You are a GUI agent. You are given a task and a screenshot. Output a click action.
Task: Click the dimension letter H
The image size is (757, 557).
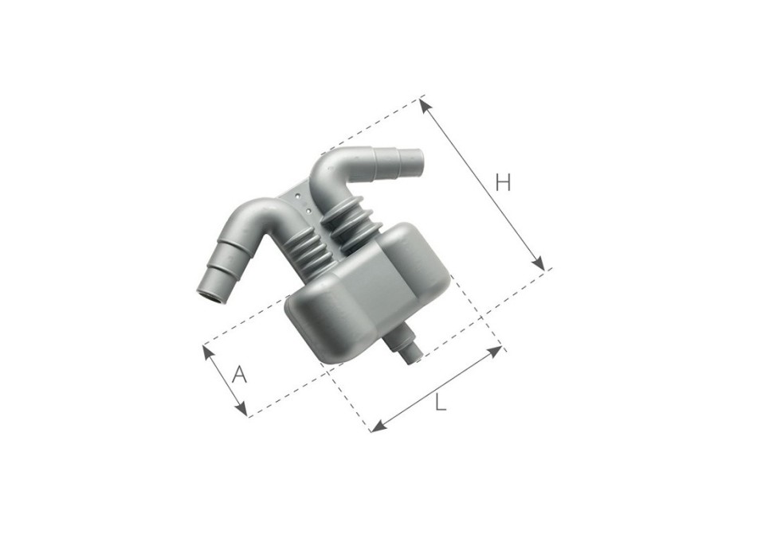[x=502, y=182]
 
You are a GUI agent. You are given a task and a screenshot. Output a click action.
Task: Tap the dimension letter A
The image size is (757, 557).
[x=237, y=373]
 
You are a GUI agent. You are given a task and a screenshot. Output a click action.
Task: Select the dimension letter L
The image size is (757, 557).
[x=440, y=403]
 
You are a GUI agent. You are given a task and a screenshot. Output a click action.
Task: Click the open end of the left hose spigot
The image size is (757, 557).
[x=210, y=297]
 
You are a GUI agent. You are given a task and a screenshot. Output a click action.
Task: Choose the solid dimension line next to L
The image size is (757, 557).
[x=437, y=388]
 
